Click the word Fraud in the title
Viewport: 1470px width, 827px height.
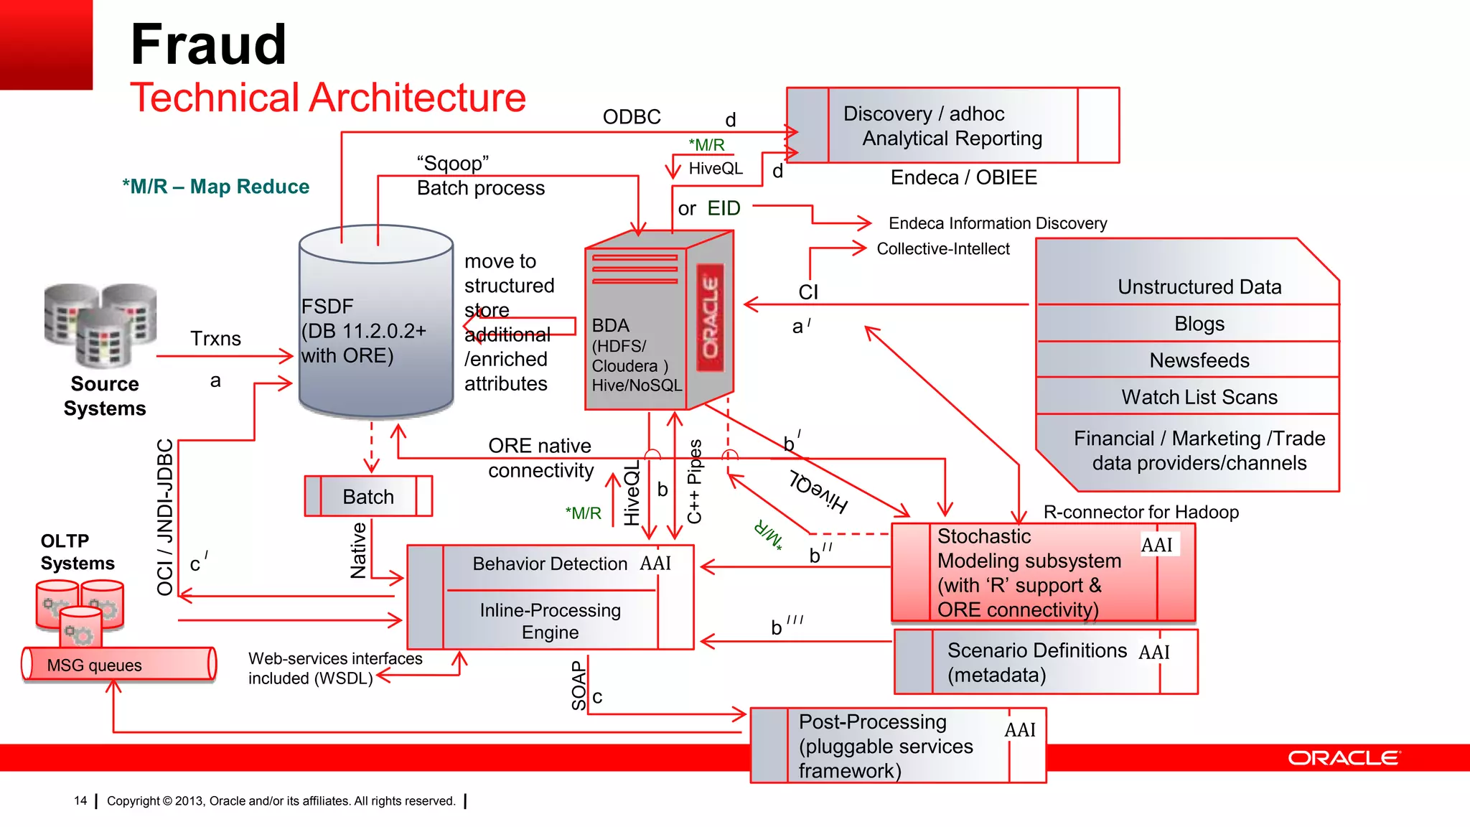208,45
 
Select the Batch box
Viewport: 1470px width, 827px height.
368,496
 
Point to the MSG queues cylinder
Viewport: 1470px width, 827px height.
118,664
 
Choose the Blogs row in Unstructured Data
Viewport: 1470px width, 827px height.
1199,323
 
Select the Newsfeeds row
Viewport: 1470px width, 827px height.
1199,360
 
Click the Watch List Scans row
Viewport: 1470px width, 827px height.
1199,396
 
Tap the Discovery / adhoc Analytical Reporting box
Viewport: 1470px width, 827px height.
952,126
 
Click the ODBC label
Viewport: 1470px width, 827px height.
632,117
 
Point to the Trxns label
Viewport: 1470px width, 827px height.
215,338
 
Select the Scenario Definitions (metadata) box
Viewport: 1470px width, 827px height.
1045,662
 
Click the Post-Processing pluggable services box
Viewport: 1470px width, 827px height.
897,745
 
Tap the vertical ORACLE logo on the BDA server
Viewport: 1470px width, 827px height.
711,317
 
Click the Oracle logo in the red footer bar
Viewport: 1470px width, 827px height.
1342,758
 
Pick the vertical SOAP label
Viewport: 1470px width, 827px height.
579,686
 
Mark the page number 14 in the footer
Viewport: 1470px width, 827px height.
80,800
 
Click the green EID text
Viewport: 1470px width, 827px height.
724,208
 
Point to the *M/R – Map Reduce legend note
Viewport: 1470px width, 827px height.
215,187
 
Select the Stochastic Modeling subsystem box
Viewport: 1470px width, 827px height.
1042,572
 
